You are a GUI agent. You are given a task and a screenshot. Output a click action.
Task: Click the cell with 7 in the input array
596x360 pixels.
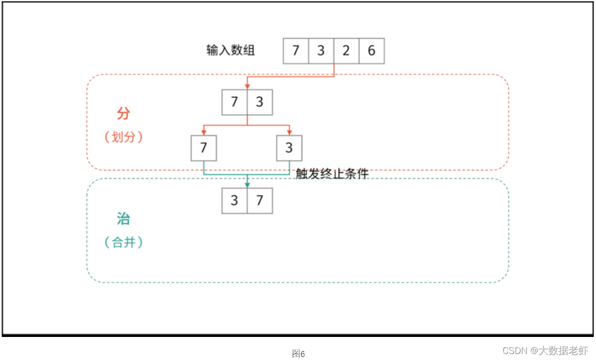(296, 51)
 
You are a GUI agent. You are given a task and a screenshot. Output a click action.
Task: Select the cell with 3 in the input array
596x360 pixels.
(321, 51)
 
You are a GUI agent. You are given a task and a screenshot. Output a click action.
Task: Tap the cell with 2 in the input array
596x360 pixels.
(346, 51)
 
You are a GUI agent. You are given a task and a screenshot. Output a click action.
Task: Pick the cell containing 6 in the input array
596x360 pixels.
(371, 51)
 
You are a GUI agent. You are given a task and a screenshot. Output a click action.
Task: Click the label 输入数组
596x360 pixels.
(231, 50)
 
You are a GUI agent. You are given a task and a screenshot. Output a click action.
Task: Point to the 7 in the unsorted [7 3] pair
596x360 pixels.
(235, 103)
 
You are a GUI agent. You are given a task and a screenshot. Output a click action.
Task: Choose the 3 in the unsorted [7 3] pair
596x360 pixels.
(260, 103)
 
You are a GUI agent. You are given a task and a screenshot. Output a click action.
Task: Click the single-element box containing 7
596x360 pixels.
(204, 148)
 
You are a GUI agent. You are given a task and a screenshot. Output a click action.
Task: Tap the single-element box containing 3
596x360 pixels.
(289, 148)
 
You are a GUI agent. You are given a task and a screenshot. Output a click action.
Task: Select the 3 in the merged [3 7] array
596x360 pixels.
(235, 201)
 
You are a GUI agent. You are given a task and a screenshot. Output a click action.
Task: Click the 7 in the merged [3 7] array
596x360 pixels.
(260, 201)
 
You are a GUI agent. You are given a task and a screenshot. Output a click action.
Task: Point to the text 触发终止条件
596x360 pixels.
(332, 174)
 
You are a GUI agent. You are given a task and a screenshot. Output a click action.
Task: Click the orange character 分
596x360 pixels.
(123, 114)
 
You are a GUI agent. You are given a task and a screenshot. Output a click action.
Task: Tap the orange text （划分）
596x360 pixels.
(124, 137)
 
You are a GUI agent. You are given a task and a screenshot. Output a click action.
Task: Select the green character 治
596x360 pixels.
(123, 219)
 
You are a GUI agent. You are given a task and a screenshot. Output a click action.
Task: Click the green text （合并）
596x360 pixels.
(124, 242)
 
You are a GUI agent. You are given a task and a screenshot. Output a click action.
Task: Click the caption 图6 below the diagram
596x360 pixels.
(298, 354)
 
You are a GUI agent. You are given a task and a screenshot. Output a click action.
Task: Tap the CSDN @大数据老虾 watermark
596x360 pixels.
(545, 350)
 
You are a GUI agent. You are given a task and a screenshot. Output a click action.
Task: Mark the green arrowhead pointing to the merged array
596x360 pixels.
(247, 185)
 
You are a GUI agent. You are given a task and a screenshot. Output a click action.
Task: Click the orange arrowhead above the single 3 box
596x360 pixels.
(289, 132)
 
